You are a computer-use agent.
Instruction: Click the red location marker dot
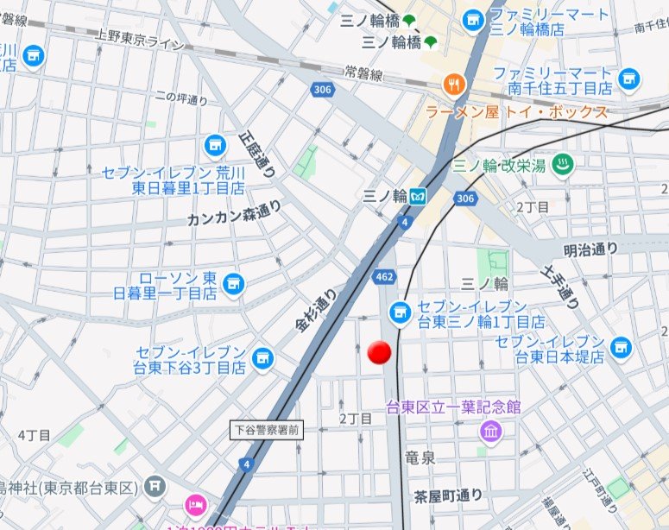380,352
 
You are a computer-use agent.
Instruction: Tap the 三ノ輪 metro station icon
418,196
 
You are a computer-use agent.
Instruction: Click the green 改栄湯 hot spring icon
562,163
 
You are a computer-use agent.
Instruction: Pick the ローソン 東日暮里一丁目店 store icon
233,282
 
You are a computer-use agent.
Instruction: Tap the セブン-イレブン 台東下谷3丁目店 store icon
262,356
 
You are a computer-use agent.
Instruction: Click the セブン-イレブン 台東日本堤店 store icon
619,347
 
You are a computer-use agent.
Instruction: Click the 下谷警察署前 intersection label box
267,429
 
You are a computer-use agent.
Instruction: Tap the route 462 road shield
384,276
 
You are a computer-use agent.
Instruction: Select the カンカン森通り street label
234,213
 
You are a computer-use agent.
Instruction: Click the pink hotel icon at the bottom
194,505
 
